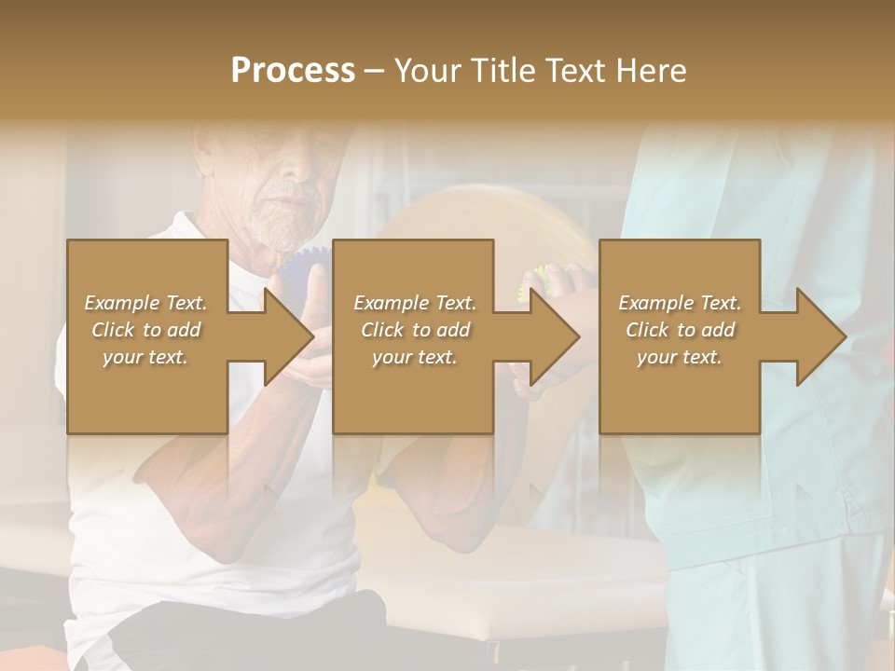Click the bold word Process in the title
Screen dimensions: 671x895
(x=293, y=71)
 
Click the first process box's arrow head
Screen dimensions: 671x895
(x=288, y=336)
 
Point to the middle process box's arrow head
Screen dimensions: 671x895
(x=555, y=336)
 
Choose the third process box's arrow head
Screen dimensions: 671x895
(x=820, y=336)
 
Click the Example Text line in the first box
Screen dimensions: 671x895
(x=145, y=303)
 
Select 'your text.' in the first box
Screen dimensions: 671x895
(x=145, y=357)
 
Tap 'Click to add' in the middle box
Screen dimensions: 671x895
(x=415, y=330)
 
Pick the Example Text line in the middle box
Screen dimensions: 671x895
(x=415, y=303)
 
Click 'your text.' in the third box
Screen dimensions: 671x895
(x=680, y=357)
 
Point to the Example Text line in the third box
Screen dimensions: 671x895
(x=680, y=303)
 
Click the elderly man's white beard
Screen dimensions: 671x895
(x=280, y=228)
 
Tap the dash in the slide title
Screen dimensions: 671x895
(x=375, y=71)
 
